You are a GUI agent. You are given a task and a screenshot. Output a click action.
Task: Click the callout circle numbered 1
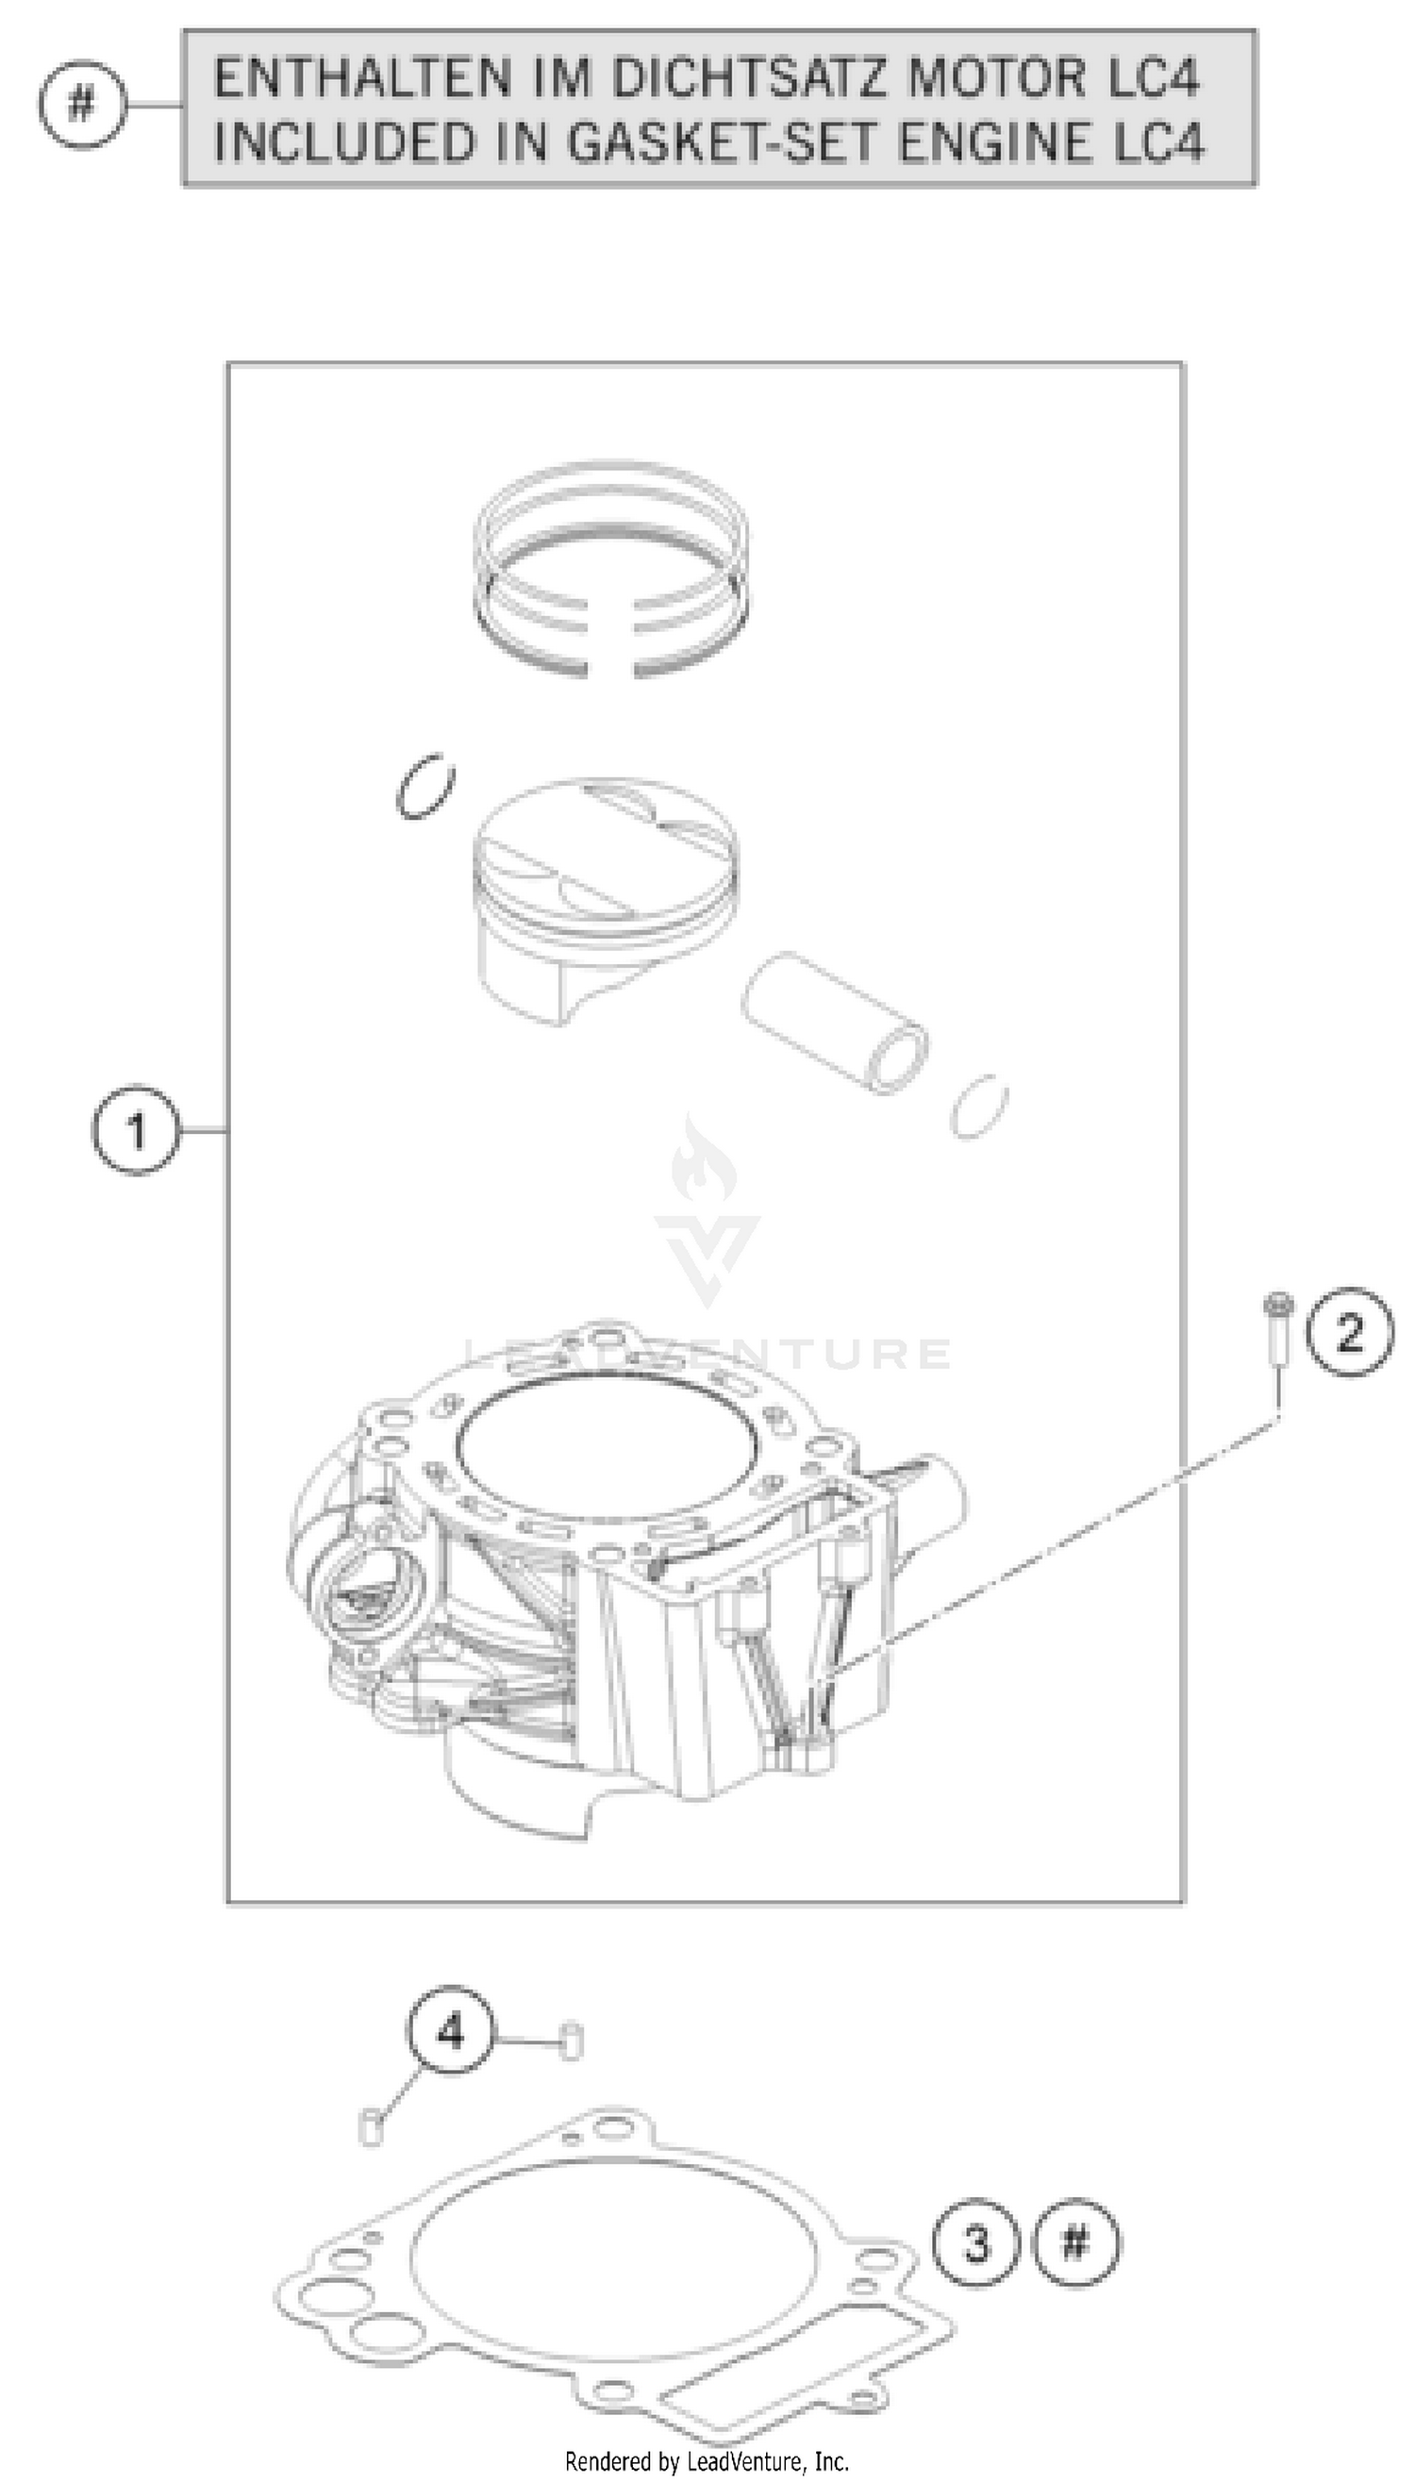point(136,1131)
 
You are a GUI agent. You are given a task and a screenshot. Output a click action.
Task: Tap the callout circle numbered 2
point(1349,1332)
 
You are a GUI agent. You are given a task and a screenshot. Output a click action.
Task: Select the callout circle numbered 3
point(975,2244)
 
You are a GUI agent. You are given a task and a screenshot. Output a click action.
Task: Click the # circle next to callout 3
point(1074,2244)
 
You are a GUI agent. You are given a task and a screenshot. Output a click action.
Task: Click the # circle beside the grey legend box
point(83,103)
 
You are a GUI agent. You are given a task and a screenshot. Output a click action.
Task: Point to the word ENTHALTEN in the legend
point(361,77)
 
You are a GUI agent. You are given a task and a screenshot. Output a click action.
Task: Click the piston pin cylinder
point(834,1023)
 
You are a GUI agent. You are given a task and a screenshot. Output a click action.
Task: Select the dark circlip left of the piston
point(425,785)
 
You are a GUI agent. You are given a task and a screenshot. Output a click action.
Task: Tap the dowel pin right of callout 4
point(573,2040)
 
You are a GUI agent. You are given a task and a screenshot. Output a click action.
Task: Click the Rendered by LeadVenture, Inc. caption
point(707,2461)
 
